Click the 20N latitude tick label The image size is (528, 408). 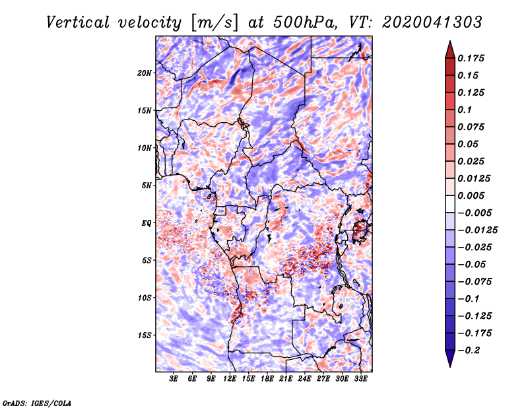click(145, 73)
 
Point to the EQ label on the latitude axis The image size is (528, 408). click(146, 223)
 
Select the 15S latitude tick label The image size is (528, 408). click(145, 335)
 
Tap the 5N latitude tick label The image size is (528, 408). click(147, 186)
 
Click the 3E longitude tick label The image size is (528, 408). click(174, 379)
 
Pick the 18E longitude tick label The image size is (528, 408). click(267, 379)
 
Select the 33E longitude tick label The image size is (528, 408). click(360, 379)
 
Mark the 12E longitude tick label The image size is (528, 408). click(230, 379)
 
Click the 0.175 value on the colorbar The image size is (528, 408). click(471, 58)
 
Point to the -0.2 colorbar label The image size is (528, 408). click(469, 351)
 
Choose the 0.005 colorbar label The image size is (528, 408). click(471, 195)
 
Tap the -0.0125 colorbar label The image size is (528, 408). click(477, 230)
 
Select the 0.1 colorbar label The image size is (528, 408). click(465, 110)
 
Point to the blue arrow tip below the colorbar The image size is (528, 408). click(450, 366)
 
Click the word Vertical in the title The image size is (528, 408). click(78, 22)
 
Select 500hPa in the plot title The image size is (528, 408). click(304, 22)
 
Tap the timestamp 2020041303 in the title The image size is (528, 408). click(432, 22)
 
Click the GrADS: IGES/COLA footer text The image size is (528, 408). click(37, 403)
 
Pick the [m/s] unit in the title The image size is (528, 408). click(214, 23)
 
